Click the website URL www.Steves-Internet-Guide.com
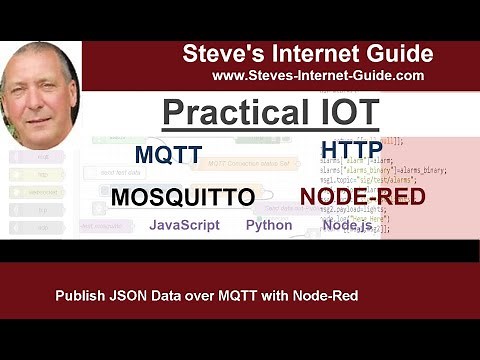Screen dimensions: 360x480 click(318, 75)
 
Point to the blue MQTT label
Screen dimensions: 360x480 click(168, 155)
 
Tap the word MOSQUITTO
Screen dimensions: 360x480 click(182, 197)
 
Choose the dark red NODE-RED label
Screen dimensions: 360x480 click(362, 196)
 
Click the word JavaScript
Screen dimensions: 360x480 click(184, 225)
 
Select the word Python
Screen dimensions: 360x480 click(269, 225)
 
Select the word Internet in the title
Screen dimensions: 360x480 click(308, 54)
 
